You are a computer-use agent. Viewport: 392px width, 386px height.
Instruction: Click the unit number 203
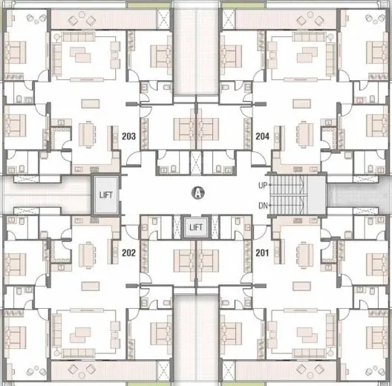coord(128,137)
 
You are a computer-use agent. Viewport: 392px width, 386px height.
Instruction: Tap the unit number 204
coord(263,137)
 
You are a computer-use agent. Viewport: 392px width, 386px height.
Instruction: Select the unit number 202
coord(128,252)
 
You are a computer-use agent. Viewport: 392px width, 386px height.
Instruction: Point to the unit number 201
coord(262,252)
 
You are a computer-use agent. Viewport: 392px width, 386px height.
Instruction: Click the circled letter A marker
coord(198,193)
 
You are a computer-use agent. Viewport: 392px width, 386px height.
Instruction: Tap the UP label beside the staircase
coord(263,186)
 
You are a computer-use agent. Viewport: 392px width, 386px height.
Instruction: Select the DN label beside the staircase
coord(263,206)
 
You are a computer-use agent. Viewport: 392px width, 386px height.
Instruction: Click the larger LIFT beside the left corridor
coord(106,194)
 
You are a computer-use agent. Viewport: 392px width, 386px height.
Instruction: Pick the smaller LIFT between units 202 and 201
coord(196,227)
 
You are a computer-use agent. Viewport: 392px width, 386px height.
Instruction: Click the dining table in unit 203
coord(87,134)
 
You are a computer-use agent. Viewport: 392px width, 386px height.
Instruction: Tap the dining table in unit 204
coord(304,134)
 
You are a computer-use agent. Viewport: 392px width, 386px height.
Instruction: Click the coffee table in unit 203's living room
coord(80,55)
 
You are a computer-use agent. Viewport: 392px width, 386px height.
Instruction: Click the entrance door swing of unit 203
coord(133,159)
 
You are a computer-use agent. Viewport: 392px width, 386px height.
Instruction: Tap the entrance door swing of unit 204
coord(258,159)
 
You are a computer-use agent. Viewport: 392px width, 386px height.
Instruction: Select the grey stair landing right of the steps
coord(317,194)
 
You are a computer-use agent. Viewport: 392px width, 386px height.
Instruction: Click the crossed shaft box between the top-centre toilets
coord(196,163)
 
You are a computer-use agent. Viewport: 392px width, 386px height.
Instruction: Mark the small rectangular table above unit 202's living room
coord(91,287)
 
